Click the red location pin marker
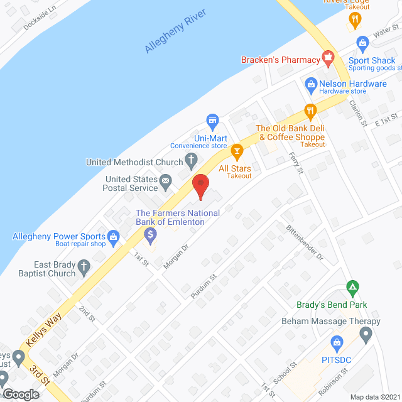pos(200,185)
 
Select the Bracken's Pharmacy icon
pos(327,60)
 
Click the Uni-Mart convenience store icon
pos(212,119)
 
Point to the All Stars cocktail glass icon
pos(237,151)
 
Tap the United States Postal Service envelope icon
pos(166,183)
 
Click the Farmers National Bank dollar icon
pos(150,236)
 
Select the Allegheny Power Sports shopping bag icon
pos(114,237)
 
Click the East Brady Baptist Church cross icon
pos(84,269)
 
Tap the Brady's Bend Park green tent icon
pos(353,288)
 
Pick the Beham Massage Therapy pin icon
pos(366,334)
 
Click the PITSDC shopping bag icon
pos(336,343)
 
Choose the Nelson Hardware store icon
pos(310,84)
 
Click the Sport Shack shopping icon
pos(362,43)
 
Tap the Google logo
pos(20,394)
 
